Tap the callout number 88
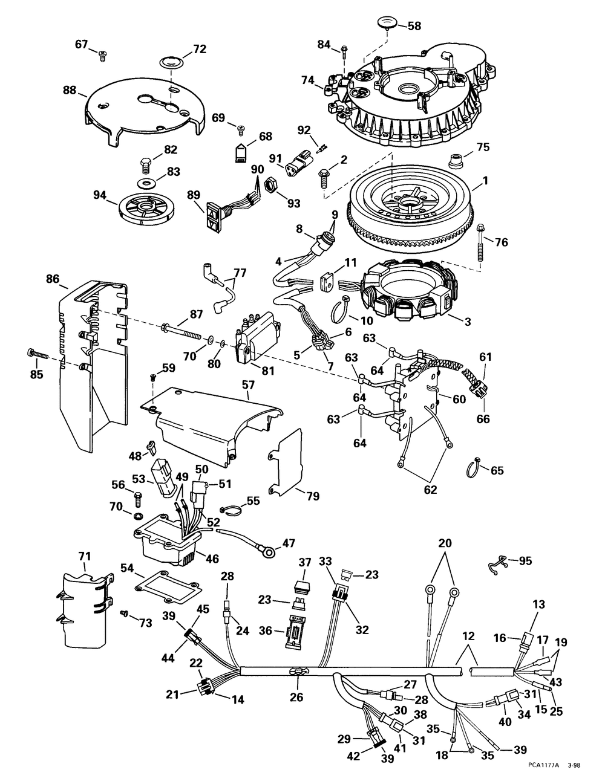pos(70,90)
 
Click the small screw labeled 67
pos(102,56)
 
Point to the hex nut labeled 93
pos(270,185)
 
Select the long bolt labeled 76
pos(480,243)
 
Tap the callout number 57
pos(249,385)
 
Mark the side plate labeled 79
pos(285,463)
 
